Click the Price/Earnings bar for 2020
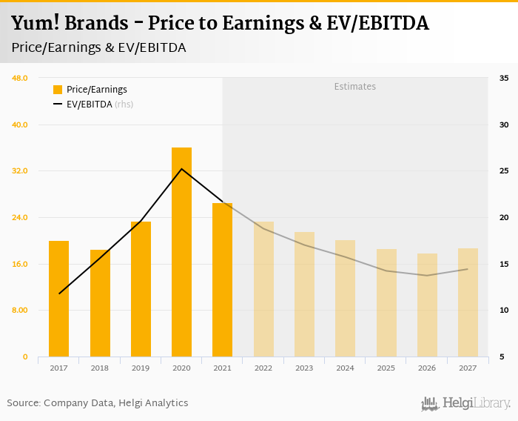pyautogui.click(x=181, y=252)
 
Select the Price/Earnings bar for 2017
pyautogui.click(x=59, y=299)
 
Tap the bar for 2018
pyautogui.click(x=100, y=303)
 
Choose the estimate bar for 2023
pyautogui.click(x=304, y=294)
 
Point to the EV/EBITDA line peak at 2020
pyautogui.click(x=181, y=169)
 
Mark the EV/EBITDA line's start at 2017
pyautogui.click(x=59, y=294)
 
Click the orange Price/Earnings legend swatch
pyautogui.click(x=58, y=90)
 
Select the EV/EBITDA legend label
pyautogui.click(x=89, y=105)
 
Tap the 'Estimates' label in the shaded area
pyautogui.click(x=355, y=87)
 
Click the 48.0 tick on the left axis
pyautogui.click(x=19, y=78)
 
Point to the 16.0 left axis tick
pyautogui.click(x=19, y=264)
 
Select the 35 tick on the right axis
pyautogui.click(x=503, y=78)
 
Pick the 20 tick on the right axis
pyautogui.click(x=503, y=217)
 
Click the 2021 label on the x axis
pyautogui.click(x=222, y=368)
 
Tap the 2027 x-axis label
pyautogui.click(x=468, y=368)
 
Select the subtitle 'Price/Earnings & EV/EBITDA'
pyautogui.click(x=98, y=47)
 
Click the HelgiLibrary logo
pyautogui.click(x=466, y=403)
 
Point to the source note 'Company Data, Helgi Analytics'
pyautogui.click(x=115, y=403)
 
